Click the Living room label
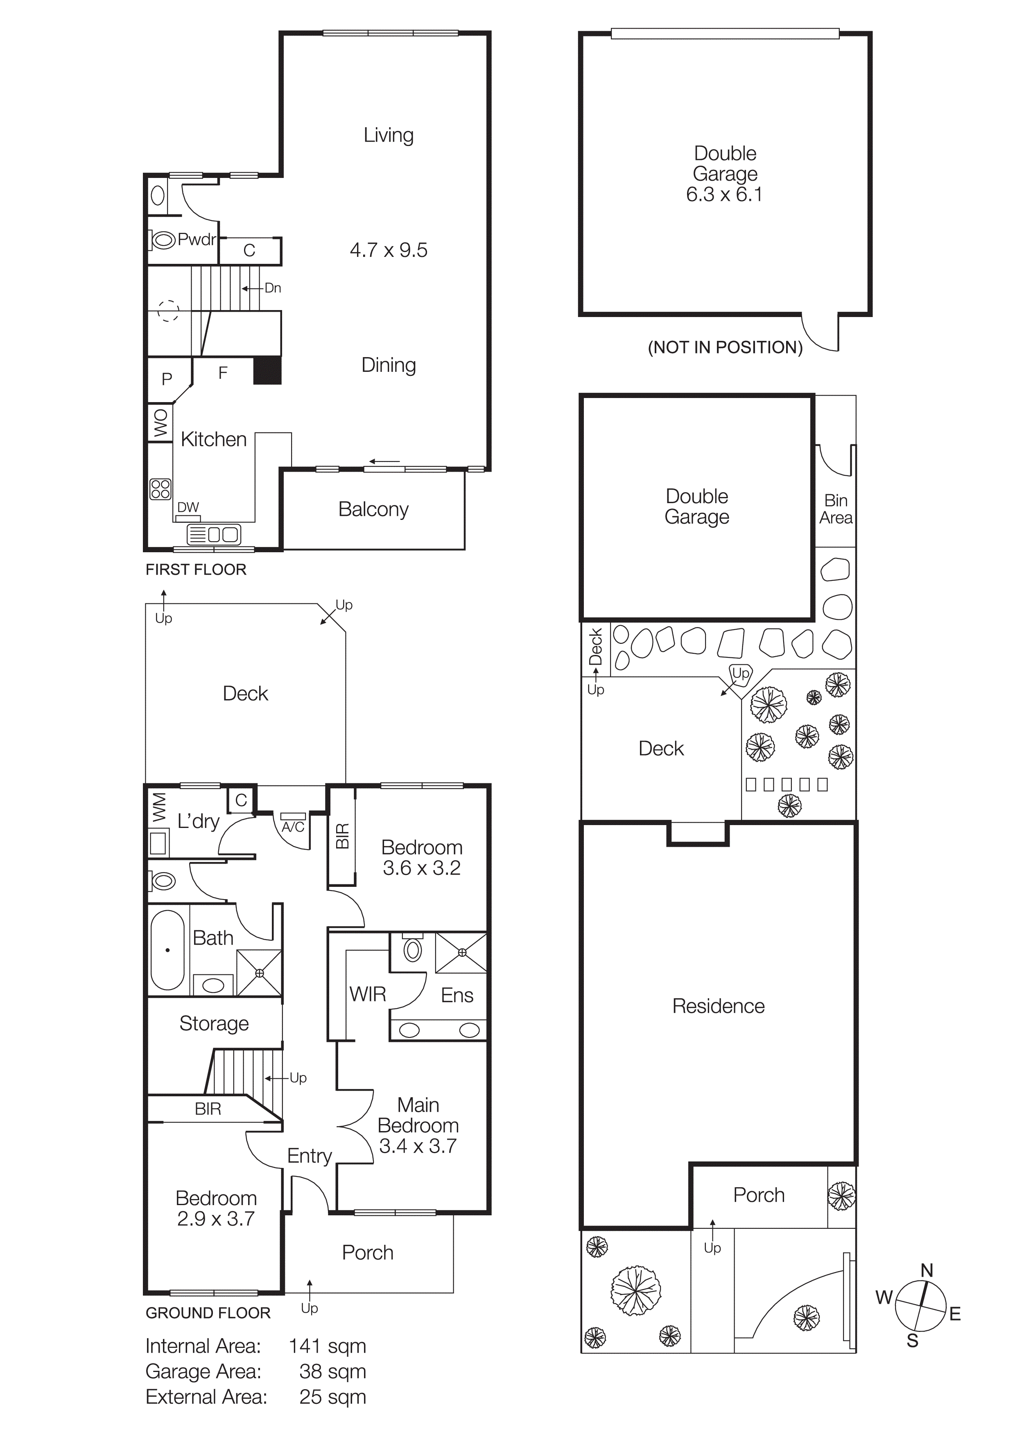[389, 135]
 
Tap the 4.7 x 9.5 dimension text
[389, 250]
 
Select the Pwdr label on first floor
[197, 239]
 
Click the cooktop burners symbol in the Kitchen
[161, 489]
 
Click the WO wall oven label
[161, 423]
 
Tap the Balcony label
[373, 509]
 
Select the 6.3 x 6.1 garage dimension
[724, 194]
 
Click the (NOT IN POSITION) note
[725, 347]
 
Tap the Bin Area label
[836, 509]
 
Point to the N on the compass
[927, 1270]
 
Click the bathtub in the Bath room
[167, 950]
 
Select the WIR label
[368, 994]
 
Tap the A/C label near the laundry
[293, 827]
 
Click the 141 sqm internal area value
[327, 1346]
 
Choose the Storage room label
[214, 1023]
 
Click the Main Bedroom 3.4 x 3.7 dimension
[418, 1146]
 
